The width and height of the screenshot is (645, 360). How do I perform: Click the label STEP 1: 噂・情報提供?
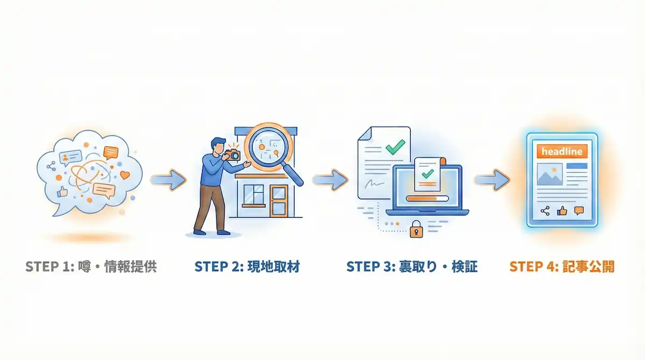[91, 267]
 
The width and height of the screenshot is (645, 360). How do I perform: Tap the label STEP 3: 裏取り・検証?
[412, 267]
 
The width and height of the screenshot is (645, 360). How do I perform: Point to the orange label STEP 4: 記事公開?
[562, 267]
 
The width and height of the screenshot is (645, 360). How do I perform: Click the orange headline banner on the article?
[562, 152]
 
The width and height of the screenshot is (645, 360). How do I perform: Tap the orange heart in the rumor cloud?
[125, 175]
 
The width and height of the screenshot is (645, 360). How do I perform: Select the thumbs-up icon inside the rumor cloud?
[63, 191]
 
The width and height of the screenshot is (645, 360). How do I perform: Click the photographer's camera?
[232, 154]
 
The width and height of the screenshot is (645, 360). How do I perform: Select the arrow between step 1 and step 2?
[168, 179]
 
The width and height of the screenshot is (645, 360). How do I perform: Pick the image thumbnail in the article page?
[549, 174]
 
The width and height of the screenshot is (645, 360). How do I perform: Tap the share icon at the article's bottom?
[545, 211]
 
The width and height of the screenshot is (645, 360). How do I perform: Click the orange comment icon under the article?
[579, 211]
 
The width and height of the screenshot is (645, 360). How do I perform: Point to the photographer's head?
[217, 144]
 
